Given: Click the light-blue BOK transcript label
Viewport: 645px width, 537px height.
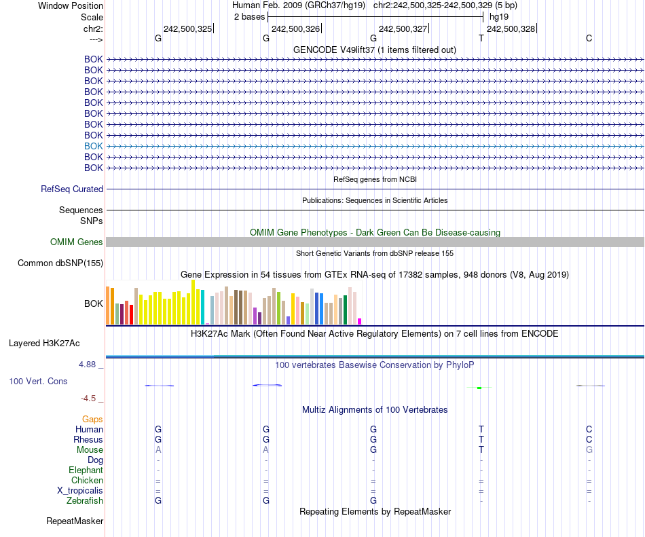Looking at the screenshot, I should (x=94, y=146).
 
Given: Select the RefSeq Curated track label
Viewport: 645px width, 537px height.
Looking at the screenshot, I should (x=72, y=189).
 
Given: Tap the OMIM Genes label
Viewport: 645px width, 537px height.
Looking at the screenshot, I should (x=77, y=242).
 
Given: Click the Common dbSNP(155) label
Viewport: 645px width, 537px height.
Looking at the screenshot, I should (x=60, y=263).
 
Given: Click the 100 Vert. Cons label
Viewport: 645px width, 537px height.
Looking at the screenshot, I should (x=38, y=382).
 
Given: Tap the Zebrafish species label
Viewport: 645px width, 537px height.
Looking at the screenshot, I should (x=85, y=501).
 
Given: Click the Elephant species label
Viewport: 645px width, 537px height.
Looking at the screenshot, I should (x=86, y=470).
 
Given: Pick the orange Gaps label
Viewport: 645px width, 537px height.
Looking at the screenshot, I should (x=92, y=420).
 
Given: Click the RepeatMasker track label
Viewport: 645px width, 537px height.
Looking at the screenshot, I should (x=75, y=521).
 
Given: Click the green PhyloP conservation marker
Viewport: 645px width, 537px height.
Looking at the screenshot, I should (x=479, y=388).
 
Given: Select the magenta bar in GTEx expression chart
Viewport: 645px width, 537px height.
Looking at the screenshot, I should (x=360, y=321).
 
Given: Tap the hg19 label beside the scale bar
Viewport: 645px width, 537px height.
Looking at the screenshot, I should (x=499, y=16).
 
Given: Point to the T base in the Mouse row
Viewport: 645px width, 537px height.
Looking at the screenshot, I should (x=481, y=450).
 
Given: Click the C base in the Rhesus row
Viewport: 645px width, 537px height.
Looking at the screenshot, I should (x=589, y=440).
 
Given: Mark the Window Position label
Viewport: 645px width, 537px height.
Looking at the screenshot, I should (x=71, y=5).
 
